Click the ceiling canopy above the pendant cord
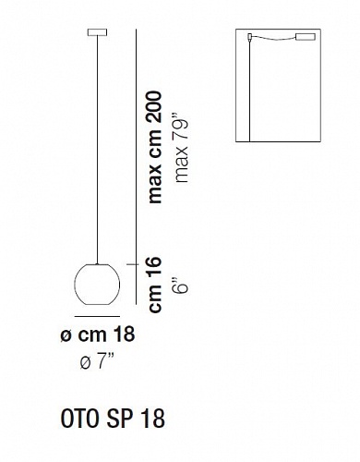click(x=97, y=32)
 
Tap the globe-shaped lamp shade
click(x=97, y=285)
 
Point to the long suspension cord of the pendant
click(x=97, y=150)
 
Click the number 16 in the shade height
click(x=154, y=266)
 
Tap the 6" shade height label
click(x=181, y=286)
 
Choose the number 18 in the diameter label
click(x=125, y=334)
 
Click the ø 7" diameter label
click(x=97, y=361)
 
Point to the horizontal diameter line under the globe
click(x=97, y=316)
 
